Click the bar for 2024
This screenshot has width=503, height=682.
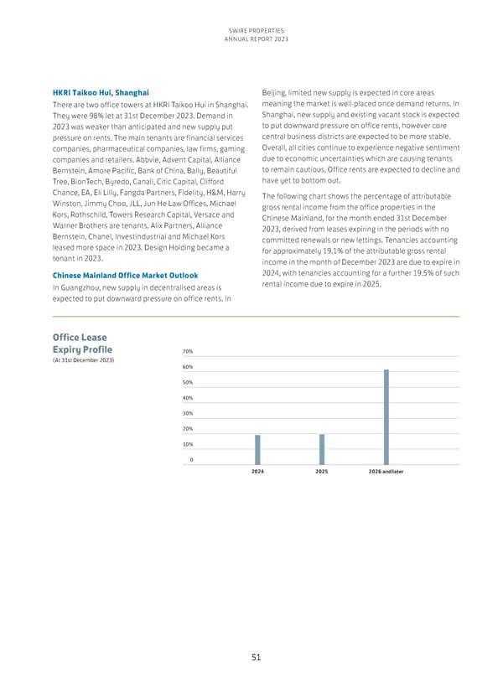click(257, 449)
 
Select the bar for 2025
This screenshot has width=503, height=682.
click(321, 449)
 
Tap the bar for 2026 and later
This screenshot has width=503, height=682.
click(386, 416)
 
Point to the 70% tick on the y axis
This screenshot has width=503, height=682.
click(189, 352)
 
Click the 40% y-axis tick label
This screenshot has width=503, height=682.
click(189, 398)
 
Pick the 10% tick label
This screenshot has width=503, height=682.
click(189, 444)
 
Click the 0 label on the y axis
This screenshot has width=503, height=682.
click(191, 459)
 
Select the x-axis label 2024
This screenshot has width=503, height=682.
click(257, 472)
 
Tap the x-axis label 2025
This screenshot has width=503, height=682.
click(321, 472)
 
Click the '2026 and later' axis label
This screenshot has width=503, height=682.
click(386, 472)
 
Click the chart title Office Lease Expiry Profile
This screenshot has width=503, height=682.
click(81, 343)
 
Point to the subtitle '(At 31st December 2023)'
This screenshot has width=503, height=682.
click(84, 361)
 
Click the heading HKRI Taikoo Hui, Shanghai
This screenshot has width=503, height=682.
click(101, 90)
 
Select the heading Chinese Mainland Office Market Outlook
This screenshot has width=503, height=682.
click(125, 275)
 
